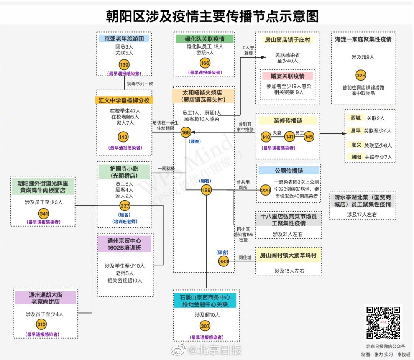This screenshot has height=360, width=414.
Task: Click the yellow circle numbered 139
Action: click(124, 64)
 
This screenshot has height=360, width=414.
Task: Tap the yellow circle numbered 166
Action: click(205, 63)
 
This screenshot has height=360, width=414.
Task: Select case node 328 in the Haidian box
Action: click(360, 75)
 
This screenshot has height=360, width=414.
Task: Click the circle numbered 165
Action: click(186, 133)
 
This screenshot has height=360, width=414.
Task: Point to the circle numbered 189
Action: click(206, 190)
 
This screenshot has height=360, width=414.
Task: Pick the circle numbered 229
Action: click(266, 190)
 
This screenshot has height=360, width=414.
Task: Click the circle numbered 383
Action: click(224, 261)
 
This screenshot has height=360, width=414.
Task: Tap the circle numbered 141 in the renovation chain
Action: click(290, 137)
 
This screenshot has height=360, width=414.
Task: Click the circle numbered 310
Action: click(41, 325)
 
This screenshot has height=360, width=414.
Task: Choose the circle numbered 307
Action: click(205, 326)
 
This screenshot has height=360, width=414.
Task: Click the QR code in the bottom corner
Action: click(383, 323)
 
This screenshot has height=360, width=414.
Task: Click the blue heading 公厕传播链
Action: click(289, 171)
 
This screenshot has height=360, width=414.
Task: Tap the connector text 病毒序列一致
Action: click(140, 84)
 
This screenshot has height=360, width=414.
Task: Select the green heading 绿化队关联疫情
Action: click(205, 38)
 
